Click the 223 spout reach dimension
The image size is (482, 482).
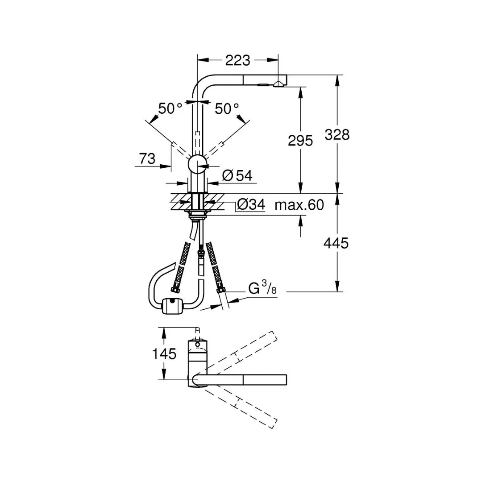click(237, 60)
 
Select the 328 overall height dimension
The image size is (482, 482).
click(337, 135)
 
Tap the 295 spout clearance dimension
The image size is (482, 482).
click(300, 141)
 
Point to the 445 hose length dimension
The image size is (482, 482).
click(336, 243)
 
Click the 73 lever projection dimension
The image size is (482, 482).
click(147, 158)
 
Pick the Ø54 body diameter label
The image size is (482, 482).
click(237, 175)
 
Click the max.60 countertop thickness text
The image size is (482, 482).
click(299, 205)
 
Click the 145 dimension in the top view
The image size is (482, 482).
click(164, 354)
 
